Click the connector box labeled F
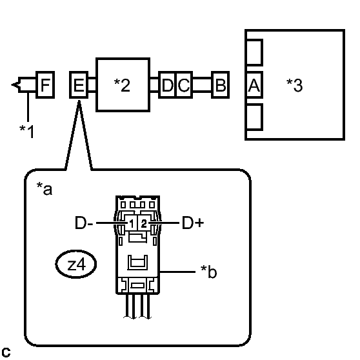point(45,85)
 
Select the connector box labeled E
point(79,85)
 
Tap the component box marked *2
point(123,85)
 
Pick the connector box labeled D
point(167,85)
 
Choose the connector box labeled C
point(184,85)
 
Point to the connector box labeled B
point(221,85)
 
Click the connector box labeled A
point(254,85)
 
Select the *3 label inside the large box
point(295,85)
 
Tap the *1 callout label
point(27,132)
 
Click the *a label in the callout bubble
point(45,189)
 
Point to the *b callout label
point(208,272)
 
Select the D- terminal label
point(84,223)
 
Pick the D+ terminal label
point(193,223)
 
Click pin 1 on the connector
point(132,223)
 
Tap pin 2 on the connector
point(144,223)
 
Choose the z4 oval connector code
point(76,265)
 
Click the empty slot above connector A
point(254,52)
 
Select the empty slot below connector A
point(254,117)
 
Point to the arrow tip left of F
point(12,85)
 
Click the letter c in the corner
point(6,352)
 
